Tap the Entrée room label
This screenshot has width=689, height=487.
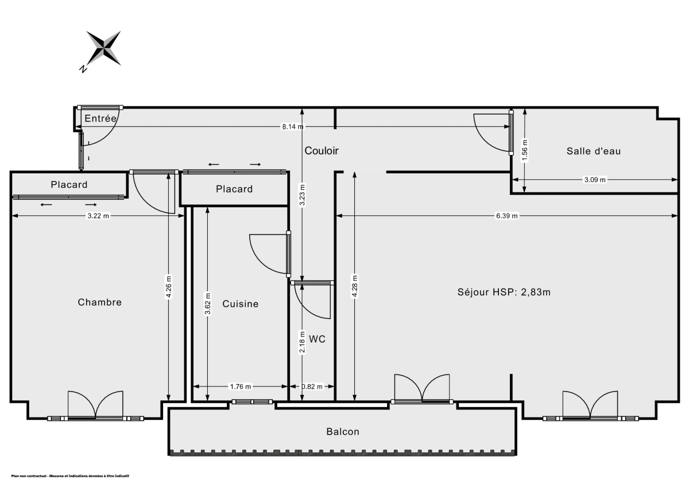pyautogui.click(x=100, y=118)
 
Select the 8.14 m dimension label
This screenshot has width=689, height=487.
pyautogui.click(x=293, y=127)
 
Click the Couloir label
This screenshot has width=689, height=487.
pyautogui.click(x=322, y=151)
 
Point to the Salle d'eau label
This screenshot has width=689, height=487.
pyautogui.click(x=594, y=151)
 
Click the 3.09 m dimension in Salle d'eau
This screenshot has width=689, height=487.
pyautogui.click(x=595, y=180)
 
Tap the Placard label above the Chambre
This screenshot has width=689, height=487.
pyautogui.click(x=69, y=184)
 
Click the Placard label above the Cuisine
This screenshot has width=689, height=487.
pyautogui.click(x=234, y=189)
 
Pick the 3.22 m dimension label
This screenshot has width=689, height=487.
pyautogui.click(x=98, y=216)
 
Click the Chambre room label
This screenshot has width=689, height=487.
pyautogui.click(x=100, y=302)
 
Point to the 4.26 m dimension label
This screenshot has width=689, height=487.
pyautogui.click(x=168, y=287)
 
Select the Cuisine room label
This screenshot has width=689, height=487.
pyautogui.click(x=241, y=304)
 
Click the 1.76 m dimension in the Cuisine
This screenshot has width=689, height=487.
pyautogui.click(x=240, y=386)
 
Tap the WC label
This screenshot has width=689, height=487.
pyautogui.click(x=317, y=339)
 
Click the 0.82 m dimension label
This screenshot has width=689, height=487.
pyautogui.click(x=312, y=386)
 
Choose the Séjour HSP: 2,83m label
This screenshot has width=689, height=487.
pyautogui.click(x=504, y=292)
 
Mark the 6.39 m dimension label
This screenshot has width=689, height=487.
pyautogui.click(x=506, y=216)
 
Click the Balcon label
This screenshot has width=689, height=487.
pyautogui.click(x=343, y=432)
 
